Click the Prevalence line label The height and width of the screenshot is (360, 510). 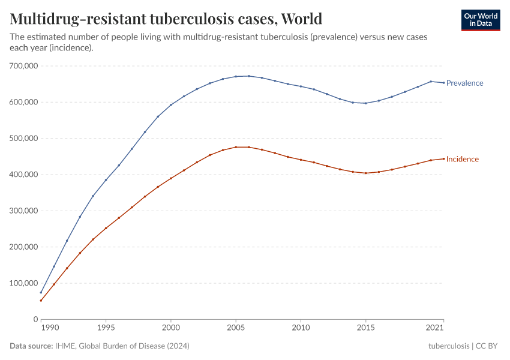464,83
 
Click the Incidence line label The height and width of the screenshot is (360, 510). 462,159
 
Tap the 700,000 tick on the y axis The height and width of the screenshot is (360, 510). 22,66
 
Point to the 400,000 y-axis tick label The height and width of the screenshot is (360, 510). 22,175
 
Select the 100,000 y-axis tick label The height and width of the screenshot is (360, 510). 22,283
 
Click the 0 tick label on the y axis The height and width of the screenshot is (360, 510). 35,319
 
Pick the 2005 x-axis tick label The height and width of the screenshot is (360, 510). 236,328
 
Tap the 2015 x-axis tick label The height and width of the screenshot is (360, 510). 366,328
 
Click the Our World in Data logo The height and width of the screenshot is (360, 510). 481,20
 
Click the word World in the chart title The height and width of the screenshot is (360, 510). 301,19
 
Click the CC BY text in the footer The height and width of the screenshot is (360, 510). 488,346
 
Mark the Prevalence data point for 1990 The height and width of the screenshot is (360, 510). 41,293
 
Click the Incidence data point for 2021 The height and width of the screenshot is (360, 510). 444,158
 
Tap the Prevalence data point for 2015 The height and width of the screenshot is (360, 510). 366,103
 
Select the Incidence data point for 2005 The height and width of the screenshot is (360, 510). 236,147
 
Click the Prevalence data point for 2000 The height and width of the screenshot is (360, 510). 171,105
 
